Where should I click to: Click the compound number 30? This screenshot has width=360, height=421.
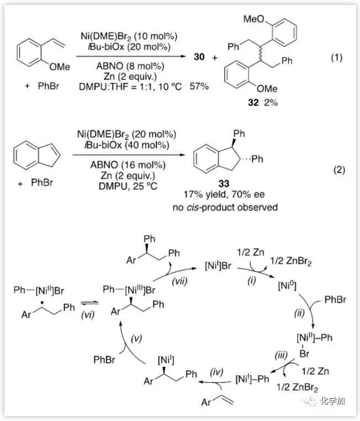(x=202, y=57)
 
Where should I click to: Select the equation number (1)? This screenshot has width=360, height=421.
(x=337, y=57)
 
